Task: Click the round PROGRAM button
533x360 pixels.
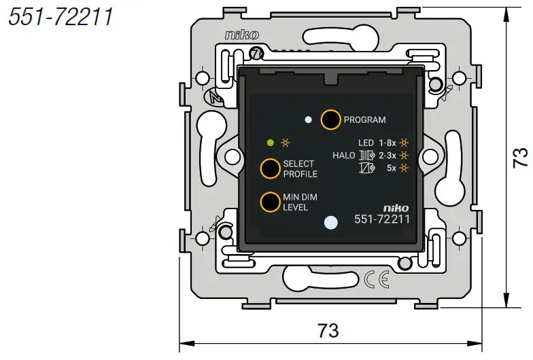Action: click(330, 120)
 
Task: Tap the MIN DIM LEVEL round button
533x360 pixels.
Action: click(270, 202)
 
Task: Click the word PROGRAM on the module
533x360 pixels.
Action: click(364, 120)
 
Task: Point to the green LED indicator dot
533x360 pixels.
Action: click(271, 143)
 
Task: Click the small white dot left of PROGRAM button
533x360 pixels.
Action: click(308, 120)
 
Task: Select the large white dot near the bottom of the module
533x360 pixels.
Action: click(331, 222)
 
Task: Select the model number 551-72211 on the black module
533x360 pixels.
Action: click(382, 219)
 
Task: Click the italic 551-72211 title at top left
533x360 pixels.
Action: click(61, 18)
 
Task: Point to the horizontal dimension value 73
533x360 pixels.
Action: click(328, 331)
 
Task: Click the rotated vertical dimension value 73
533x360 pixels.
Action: click(520, 158)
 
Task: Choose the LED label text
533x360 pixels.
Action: click(366, 143)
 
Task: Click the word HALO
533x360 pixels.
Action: click(343, 156)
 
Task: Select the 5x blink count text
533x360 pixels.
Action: click(390, 168)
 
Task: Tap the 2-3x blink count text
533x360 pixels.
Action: click(387, 156)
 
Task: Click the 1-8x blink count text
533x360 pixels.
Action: click(387, 143)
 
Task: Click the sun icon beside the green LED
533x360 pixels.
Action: click(286, 143)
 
